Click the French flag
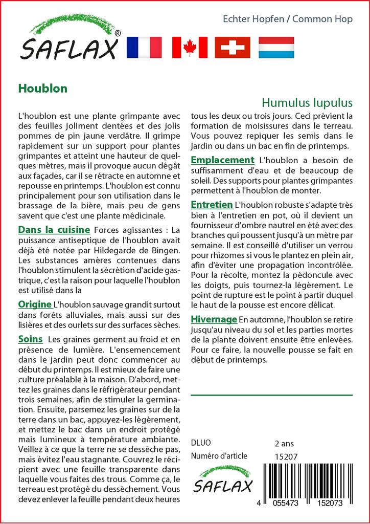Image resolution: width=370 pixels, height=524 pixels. tap(144, 48)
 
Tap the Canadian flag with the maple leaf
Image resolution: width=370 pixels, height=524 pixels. tap(190, 48)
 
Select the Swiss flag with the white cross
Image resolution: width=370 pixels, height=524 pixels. tap(233, 48)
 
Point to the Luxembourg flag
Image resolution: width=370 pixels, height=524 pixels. tap(276, 48)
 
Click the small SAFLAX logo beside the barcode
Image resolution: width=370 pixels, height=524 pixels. tap(222, 480)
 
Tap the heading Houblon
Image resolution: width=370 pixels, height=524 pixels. tap(42, 88)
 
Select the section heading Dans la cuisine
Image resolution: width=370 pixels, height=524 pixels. tap(54, 230)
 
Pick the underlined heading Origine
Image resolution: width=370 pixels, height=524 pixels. tap(35, 304)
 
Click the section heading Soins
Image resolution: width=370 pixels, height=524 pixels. tap(30, 339)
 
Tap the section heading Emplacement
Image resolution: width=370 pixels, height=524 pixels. tap(222, 160)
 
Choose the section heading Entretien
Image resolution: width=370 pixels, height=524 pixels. tap(212, 205)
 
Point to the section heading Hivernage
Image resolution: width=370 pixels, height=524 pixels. tap(214, 319)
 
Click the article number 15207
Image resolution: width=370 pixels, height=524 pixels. tap(286, 456)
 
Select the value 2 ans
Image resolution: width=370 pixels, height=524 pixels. tap(284, 443)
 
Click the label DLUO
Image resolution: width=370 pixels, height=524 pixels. tap(200, 443)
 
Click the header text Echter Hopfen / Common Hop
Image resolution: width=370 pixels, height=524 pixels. tap(288, 19)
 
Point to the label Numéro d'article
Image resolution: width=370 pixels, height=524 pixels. tap(219, 456)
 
